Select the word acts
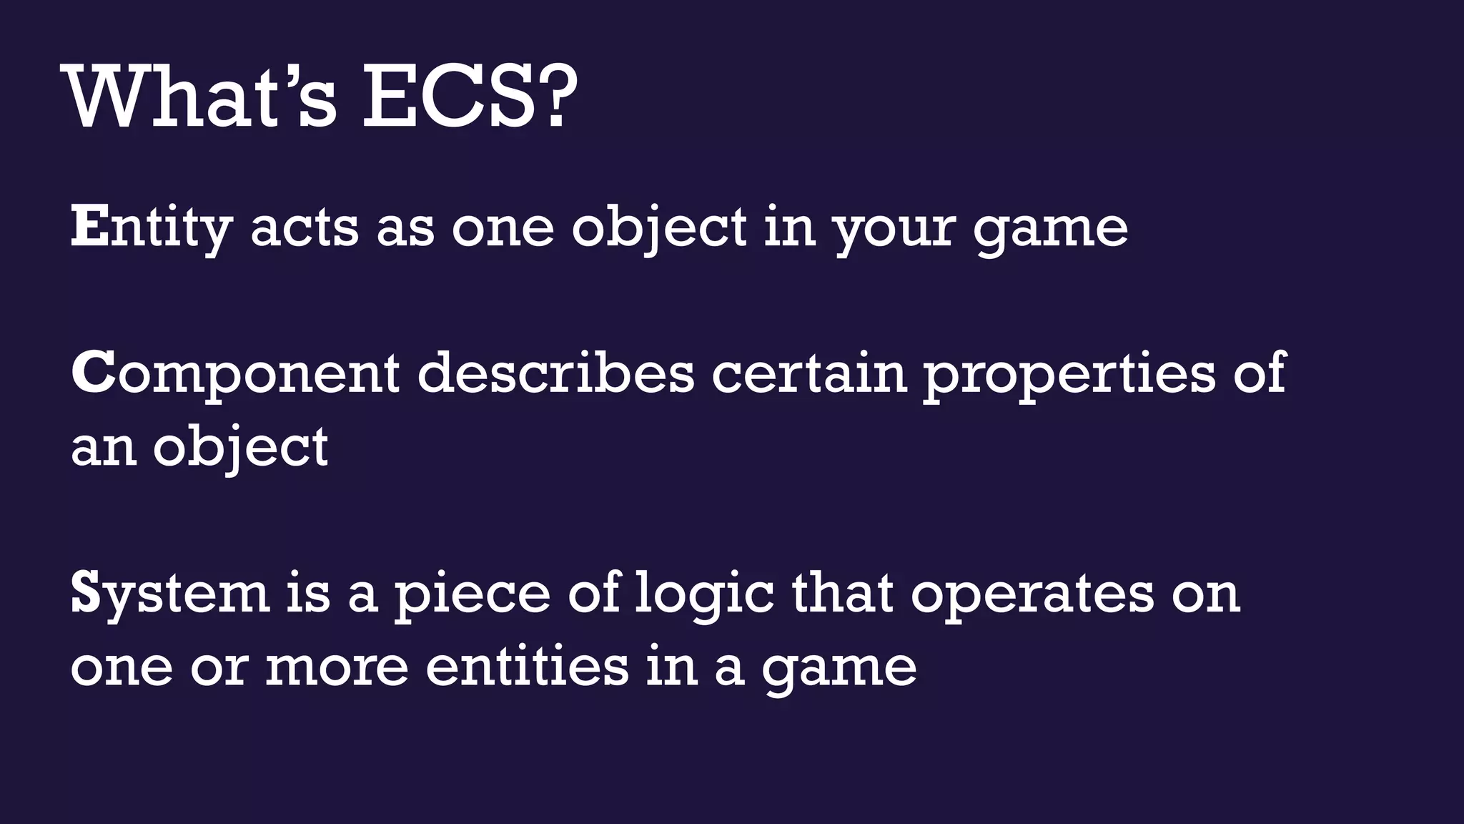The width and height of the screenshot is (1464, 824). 304,227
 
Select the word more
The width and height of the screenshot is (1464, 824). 337,668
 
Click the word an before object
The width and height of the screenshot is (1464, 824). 103,448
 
